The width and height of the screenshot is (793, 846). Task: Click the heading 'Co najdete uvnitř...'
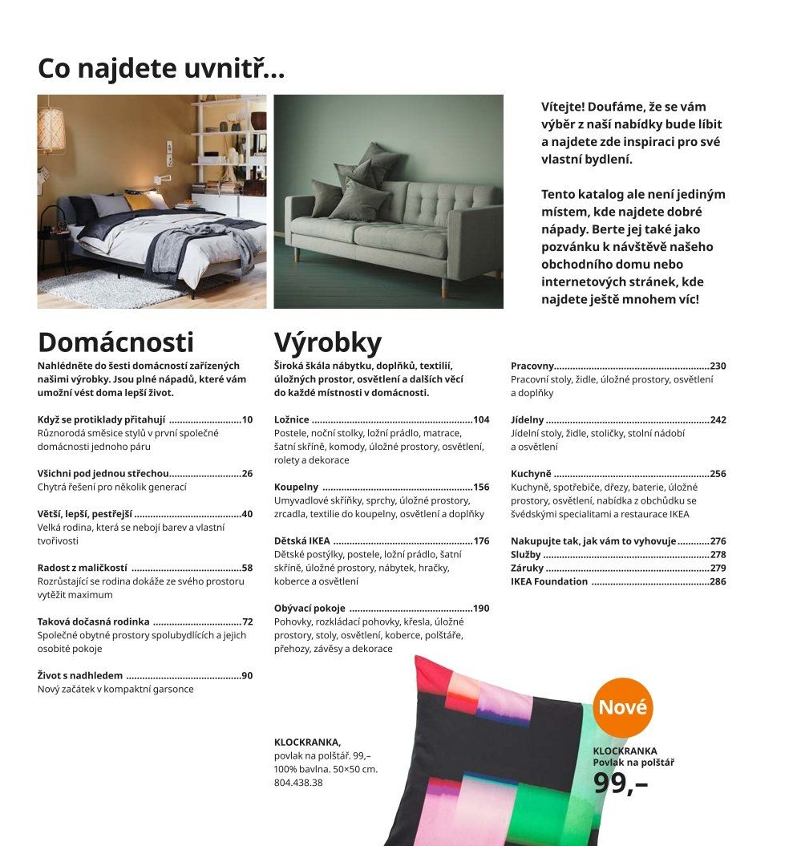tap(161, 69)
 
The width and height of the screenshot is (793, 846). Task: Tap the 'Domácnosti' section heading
tap(115, 342)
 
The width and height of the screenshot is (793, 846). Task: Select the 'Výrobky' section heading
tap(327, 342)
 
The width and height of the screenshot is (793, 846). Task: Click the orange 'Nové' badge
tap(622, 708)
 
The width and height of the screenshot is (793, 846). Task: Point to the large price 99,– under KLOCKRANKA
tap(621, 783)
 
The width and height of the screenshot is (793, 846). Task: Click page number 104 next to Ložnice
tap(481, 420)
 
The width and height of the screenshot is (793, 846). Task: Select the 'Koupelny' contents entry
tap(296, 488)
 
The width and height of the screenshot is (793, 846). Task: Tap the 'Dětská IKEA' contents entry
tap(301, 541)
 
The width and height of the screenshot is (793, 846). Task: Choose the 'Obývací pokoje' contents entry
tap(310, 609)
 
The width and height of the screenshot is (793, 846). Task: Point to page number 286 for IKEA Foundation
tap(718, 582)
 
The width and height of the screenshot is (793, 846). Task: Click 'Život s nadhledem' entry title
tap(80, 676)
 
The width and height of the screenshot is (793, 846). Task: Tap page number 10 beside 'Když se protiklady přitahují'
tap(247, 420)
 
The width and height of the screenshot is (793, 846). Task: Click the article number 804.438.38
tap(298, 783)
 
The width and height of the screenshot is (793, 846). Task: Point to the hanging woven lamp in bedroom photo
tap(51, 128)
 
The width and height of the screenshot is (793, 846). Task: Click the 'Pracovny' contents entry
tap(532, 366)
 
